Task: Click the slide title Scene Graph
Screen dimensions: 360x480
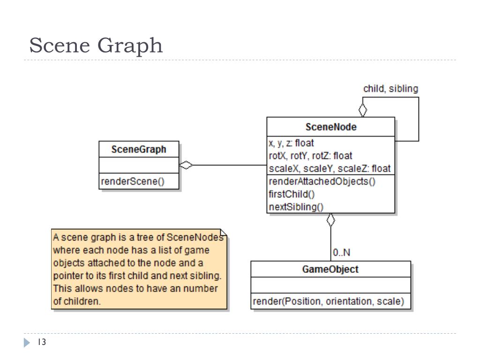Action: coord(96,46)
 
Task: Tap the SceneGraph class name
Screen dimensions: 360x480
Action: coord(139,150)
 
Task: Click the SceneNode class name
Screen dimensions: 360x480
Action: coord(330,127)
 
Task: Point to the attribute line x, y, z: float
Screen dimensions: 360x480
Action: coord(291,143)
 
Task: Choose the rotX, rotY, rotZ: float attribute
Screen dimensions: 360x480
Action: coord(310,156)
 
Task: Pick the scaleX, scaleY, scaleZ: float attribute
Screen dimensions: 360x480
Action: coord(330,168)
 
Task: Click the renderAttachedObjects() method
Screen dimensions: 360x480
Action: coord(322,181)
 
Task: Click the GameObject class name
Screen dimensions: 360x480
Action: coord(330,269)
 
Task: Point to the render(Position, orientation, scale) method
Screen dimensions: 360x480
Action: coord(328,301)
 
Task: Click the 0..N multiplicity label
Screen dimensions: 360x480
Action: coord(341,253)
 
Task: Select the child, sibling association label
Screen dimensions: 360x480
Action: coord(390,89)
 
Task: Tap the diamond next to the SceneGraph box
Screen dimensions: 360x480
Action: coord(186,165)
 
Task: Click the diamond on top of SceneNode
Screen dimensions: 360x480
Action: coord(362,110)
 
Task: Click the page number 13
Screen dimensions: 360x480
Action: coord(42,343)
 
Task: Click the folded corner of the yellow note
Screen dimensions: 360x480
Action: coord(224,233)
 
